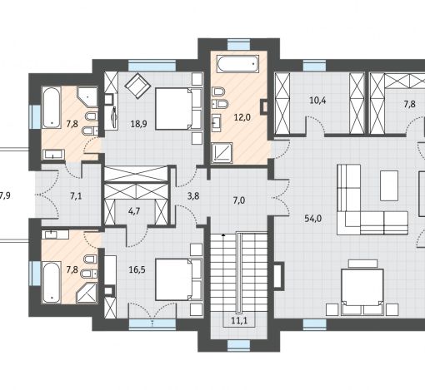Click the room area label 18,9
[138, 124]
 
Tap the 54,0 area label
[313, 219]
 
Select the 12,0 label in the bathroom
[242, 117]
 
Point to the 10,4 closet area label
[317, 101]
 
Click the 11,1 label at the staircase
[239, 321]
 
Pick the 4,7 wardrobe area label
[134, 211]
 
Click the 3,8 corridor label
[193, 196]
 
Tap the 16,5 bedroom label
[137, 269]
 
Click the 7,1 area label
[76, 196]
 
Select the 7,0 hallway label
[239, 200]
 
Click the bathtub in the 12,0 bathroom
[237, 64]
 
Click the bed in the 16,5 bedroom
[178, 279]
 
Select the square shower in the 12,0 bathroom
[222, 153]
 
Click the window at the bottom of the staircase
[239, 345]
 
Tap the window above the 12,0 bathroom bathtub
[239, 45]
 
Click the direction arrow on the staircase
[223, 234]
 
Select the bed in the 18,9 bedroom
[178, 109]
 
